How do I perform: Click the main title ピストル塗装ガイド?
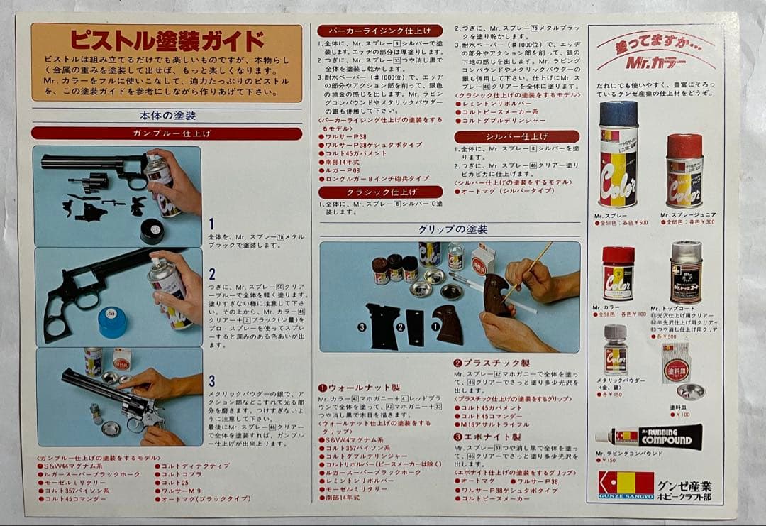point(167,40)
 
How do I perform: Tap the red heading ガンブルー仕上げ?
point(167,133)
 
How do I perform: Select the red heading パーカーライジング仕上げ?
point(379,31)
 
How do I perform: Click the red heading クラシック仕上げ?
point(379,192)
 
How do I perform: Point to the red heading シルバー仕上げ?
point(516,136)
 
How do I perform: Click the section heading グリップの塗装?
point(452,229)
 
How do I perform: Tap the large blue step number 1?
point(211,224)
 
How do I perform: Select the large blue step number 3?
point(211,381)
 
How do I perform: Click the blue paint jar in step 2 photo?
point(112,322)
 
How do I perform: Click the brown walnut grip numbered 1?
point(448,324)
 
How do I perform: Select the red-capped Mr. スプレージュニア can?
point(684,170)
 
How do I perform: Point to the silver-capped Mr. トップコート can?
point(685,272)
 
